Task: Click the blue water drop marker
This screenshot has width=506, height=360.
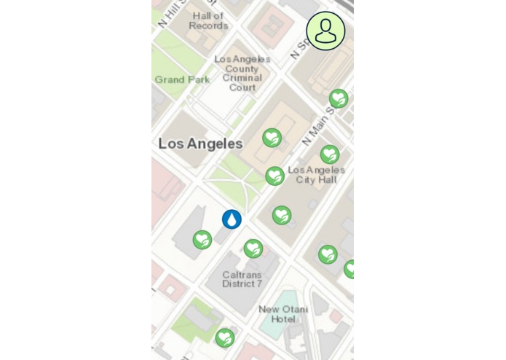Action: tap(232, 219)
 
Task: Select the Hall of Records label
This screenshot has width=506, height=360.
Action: tap(208, 20)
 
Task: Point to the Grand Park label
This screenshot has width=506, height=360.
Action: tap(182, 79)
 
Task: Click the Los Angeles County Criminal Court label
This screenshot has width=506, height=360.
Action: tap(242, 73)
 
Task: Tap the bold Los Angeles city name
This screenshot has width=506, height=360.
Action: tap(200, 144)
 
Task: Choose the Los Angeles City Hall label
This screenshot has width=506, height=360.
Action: tap(316, 174)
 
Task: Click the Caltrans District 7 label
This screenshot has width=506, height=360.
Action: tap(242, 278)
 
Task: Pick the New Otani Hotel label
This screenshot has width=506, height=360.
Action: tap(277, 314)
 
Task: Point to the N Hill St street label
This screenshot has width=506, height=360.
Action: tap(172, 10)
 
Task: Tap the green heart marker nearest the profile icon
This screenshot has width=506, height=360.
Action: tap(338, 98)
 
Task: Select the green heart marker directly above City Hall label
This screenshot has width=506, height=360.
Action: tap(330, 154)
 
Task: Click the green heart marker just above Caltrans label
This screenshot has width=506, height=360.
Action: tap(253, 249)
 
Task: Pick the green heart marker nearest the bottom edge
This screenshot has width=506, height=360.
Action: tap(225, 337)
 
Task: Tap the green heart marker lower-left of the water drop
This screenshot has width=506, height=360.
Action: tap(202, 240)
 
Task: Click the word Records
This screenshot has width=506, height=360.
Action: tap(208, 26)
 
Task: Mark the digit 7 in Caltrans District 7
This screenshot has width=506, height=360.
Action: tap(258, 283)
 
